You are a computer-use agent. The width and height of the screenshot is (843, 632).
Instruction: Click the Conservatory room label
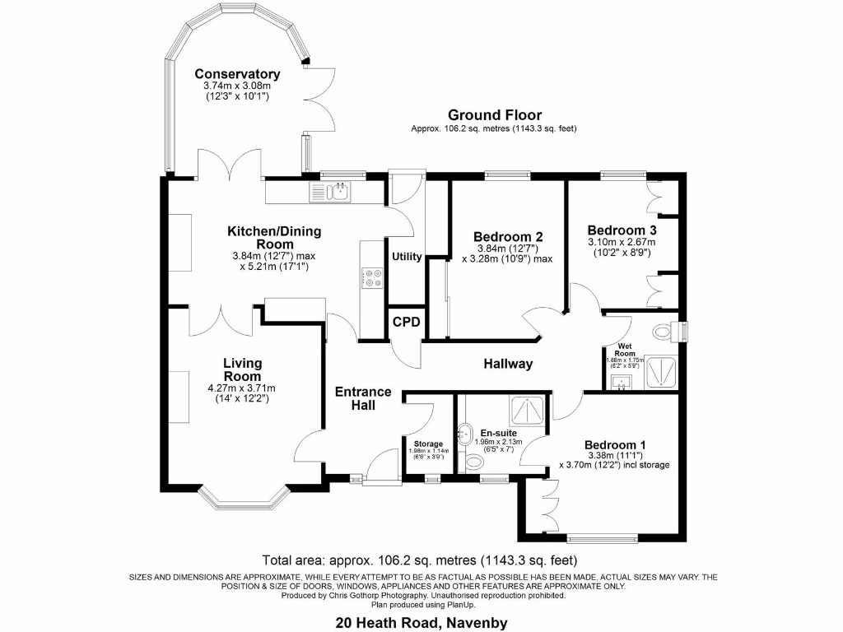coord(236,73)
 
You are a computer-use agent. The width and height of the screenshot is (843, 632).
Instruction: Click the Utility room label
coord(407,257)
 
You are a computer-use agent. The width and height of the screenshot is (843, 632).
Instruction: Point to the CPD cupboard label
coord(405,321)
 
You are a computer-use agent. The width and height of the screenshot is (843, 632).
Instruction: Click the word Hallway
coord(508,364)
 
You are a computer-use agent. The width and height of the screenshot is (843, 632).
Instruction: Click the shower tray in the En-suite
coord(525,410)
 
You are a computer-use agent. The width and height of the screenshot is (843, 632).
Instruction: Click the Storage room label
coord(428,444)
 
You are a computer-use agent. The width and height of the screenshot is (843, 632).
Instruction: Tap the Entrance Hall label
coord(363,398)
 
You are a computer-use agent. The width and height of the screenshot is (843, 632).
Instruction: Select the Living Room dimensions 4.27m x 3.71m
coord(242,388)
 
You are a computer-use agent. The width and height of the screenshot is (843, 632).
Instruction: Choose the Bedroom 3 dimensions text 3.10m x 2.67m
coord(621,243)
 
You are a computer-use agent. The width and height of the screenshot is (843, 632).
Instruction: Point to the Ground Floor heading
coord(494,115)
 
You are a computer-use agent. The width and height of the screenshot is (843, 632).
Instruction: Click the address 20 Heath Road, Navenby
coord(421,623)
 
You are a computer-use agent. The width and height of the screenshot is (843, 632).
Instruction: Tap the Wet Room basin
coord(622,380)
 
